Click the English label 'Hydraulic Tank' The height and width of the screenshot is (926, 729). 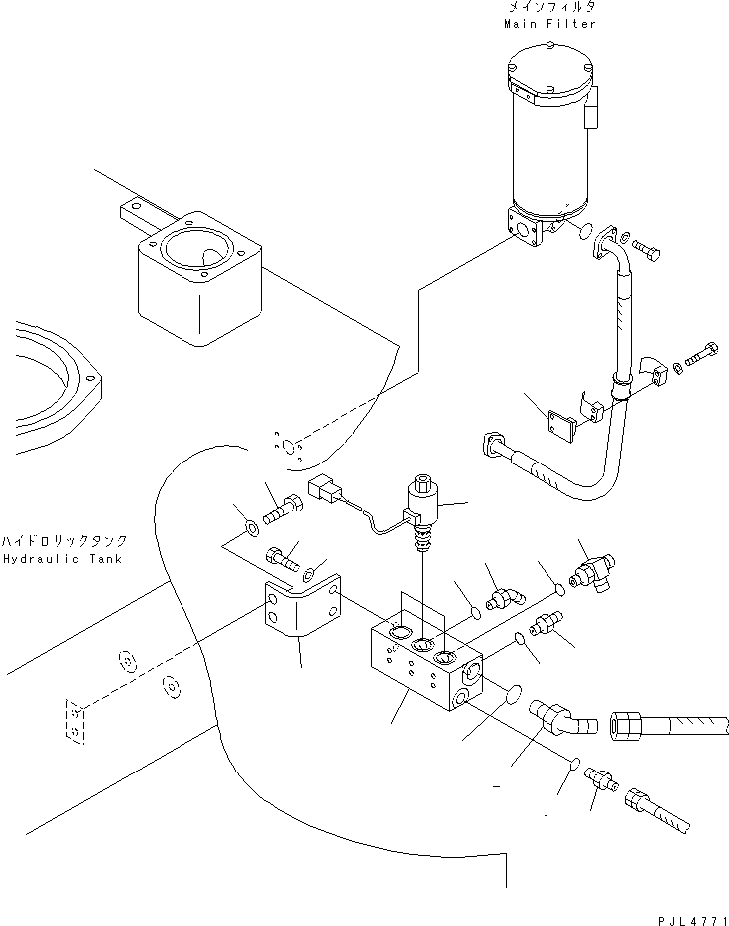pyautogui.click(x=61, y=559)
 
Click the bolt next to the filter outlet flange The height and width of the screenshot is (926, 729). pyautogui.click(x=646, y=249)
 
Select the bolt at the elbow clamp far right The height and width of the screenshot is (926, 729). pyautogui.click(x=703, y=355)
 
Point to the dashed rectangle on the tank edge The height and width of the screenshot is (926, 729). pyautogui.click(x=73, y=720)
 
